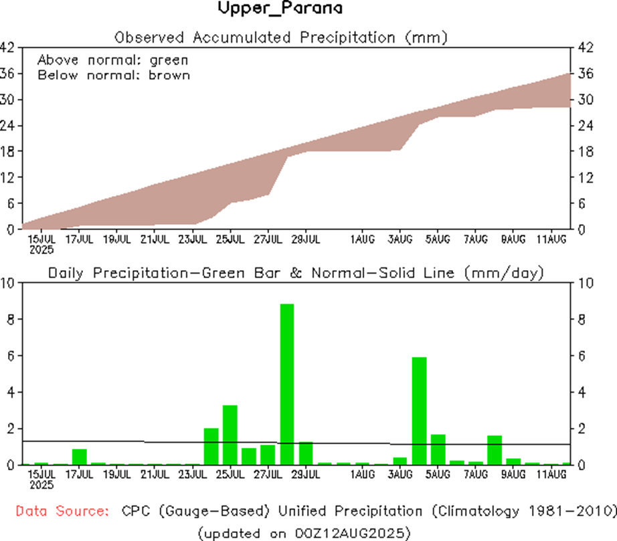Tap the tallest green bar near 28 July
coord(287,384)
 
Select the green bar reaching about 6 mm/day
coord(419,411)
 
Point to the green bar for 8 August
coord(495,450)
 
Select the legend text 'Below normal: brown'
coord(113,75)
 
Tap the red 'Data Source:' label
coord(62,512)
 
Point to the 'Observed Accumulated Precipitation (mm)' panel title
coord(280,36)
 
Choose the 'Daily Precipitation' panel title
coord(295,273)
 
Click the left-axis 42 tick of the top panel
coord(8,47)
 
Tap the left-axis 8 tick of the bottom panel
coord(9,320)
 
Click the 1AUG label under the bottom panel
coord(362,475)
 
